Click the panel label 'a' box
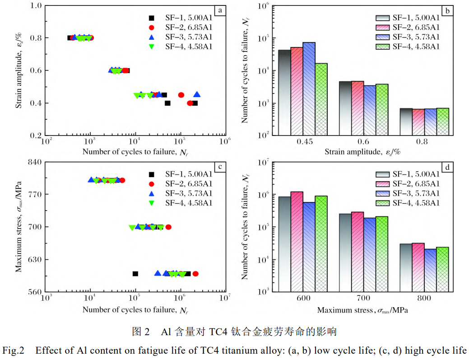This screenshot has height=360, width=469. [220, 10]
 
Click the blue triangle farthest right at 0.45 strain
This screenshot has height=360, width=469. [197, 94]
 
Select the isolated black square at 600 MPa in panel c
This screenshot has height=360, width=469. [135, 274]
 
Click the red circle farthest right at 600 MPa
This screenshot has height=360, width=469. [195, 274]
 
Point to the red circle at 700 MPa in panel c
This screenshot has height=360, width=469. [168, 227]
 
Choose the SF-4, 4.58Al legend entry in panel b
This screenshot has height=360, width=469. [409, 47]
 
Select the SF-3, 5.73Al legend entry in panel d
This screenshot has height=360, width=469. [409, 193]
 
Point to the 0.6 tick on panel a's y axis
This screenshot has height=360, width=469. [36, 70]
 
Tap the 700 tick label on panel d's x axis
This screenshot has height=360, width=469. [363, 299]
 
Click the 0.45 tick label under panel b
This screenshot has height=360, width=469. [305, 141]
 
